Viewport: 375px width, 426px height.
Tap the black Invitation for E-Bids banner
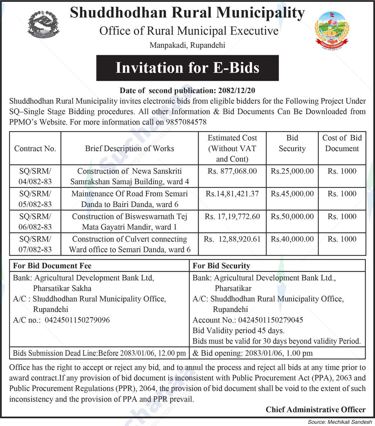[187, 68]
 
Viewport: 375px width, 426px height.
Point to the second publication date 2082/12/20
[237, 90]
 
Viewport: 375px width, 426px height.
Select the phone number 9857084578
[186, 122]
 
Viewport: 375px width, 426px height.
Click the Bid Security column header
[292, 143]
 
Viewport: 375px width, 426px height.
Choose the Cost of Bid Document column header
[342, 143]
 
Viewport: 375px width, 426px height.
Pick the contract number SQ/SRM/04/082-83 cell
[35, 176]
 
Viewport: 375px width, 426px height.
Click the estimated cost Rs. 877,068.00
[232, 171]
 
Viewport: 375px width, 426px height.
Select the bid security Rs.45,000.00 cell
[292, 194]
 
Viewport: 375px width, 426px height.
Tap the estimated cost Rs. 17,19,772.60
[232, 216]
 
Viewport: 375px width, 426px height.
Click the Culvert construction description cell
[130, 244]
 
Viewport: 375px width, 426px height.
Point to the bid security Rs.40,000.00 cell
[292, 239]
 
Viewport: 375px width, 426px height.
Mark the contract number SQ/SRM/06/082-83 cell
[35, 222]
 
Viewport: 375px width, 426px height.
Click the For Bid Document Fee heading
[52, 266]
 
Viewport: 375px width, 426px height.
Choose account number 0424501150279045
[270, 320]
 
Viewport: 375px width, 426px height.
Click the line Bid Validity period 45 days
[238, 331]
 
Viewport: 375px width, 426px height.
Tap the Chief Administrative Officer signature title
[316, 409]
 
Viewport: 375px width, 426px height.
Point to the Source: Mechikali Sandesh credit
[340, 422]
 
